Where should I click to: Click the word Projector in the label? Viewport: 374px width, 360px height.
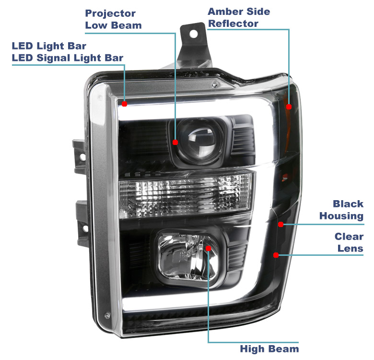[x=110, y=13]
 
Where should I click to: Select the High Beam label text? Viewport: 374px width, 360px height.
[x=269, y=349]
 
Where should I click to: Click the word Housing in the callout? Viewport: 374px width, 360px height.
[x=341, y=216]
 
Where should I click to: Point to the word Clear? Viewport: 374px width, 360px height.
[x=349, y=237]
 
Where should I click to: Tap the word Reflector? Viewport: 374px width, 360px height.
[x=233, y=24]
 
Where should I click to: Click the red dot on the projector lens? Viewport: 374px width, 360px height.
[x=175, y=142]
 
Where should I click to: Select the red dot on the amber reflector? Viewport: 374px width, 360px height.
[x=289, y=107]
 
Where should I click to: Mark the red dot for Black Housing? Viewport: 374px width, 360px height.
[x=280, y=224]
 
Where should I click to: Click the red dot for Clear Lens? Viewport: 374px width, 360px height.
[x=276, y=255]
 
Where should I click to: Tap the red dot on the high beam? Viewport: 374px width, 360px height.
[x=208, y=248]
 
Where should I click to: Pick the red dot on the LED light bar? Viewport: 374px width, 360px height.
[x=124, y=104]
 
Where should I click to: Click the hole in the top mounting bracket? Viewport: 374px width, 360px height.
[x=193, y=34]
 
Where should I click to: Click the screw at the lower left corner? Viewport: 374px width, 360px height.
[x=107, y=315]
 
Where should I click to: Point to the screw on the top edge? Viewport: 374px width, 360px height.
[x=215, y=84]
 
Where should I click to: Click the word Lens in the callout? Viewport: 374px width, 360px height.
[x=351, y=249]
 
